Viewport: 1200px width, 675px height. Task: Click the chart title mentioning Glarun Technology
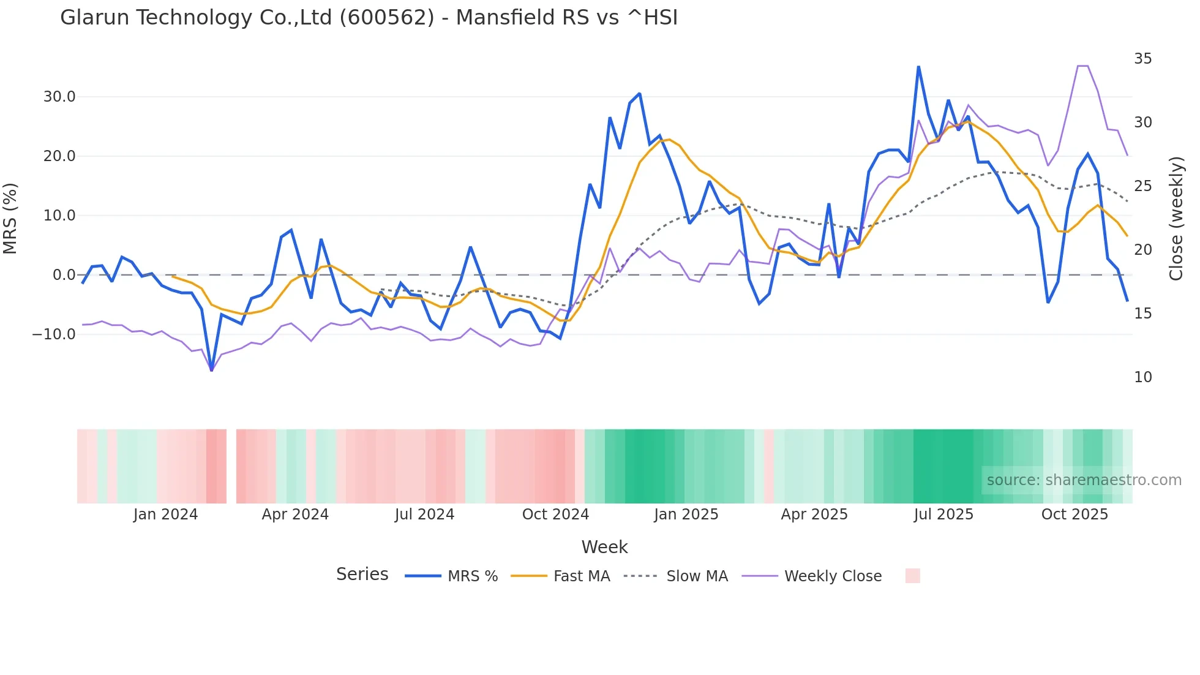pos(369,18)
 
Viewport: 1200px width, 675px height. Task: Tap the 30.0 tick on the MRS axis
pos(59,97)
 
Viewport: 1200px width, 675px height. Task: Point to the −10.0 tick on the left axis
pos(54,334)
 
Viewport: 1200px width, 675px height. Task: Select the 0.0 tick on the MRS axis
pos(64,275)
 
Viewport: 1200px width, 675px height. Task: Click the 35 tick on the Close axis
pos(1142,59)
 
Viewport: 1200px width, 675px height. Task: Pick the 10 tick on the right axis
pos(1142,377)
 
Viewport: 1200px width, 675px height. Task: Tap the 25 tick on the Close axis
pos(1142,186)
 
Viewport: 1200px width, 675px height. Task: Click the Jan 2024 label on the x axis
pos(165,515)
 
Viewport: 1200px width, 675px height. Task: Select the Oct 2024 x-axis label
pos(555,515)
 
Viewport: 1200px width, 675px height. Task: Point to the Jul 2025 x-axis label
pos(943,515)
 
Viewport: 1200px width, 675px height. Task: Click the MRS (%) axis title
pos(10,218)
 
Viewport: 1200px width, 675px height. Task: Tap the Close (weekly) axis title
pos(1176,218)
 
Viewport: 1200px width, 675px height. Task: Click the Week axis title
pos(604,547)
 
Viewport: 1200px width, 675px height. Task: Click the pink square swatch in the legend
pos(912,576)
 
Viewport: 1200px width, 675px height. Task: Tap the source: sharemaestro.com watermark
pos(1084,480)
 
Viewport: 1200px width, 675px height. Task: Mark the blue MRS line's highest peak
pos(918,67)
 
